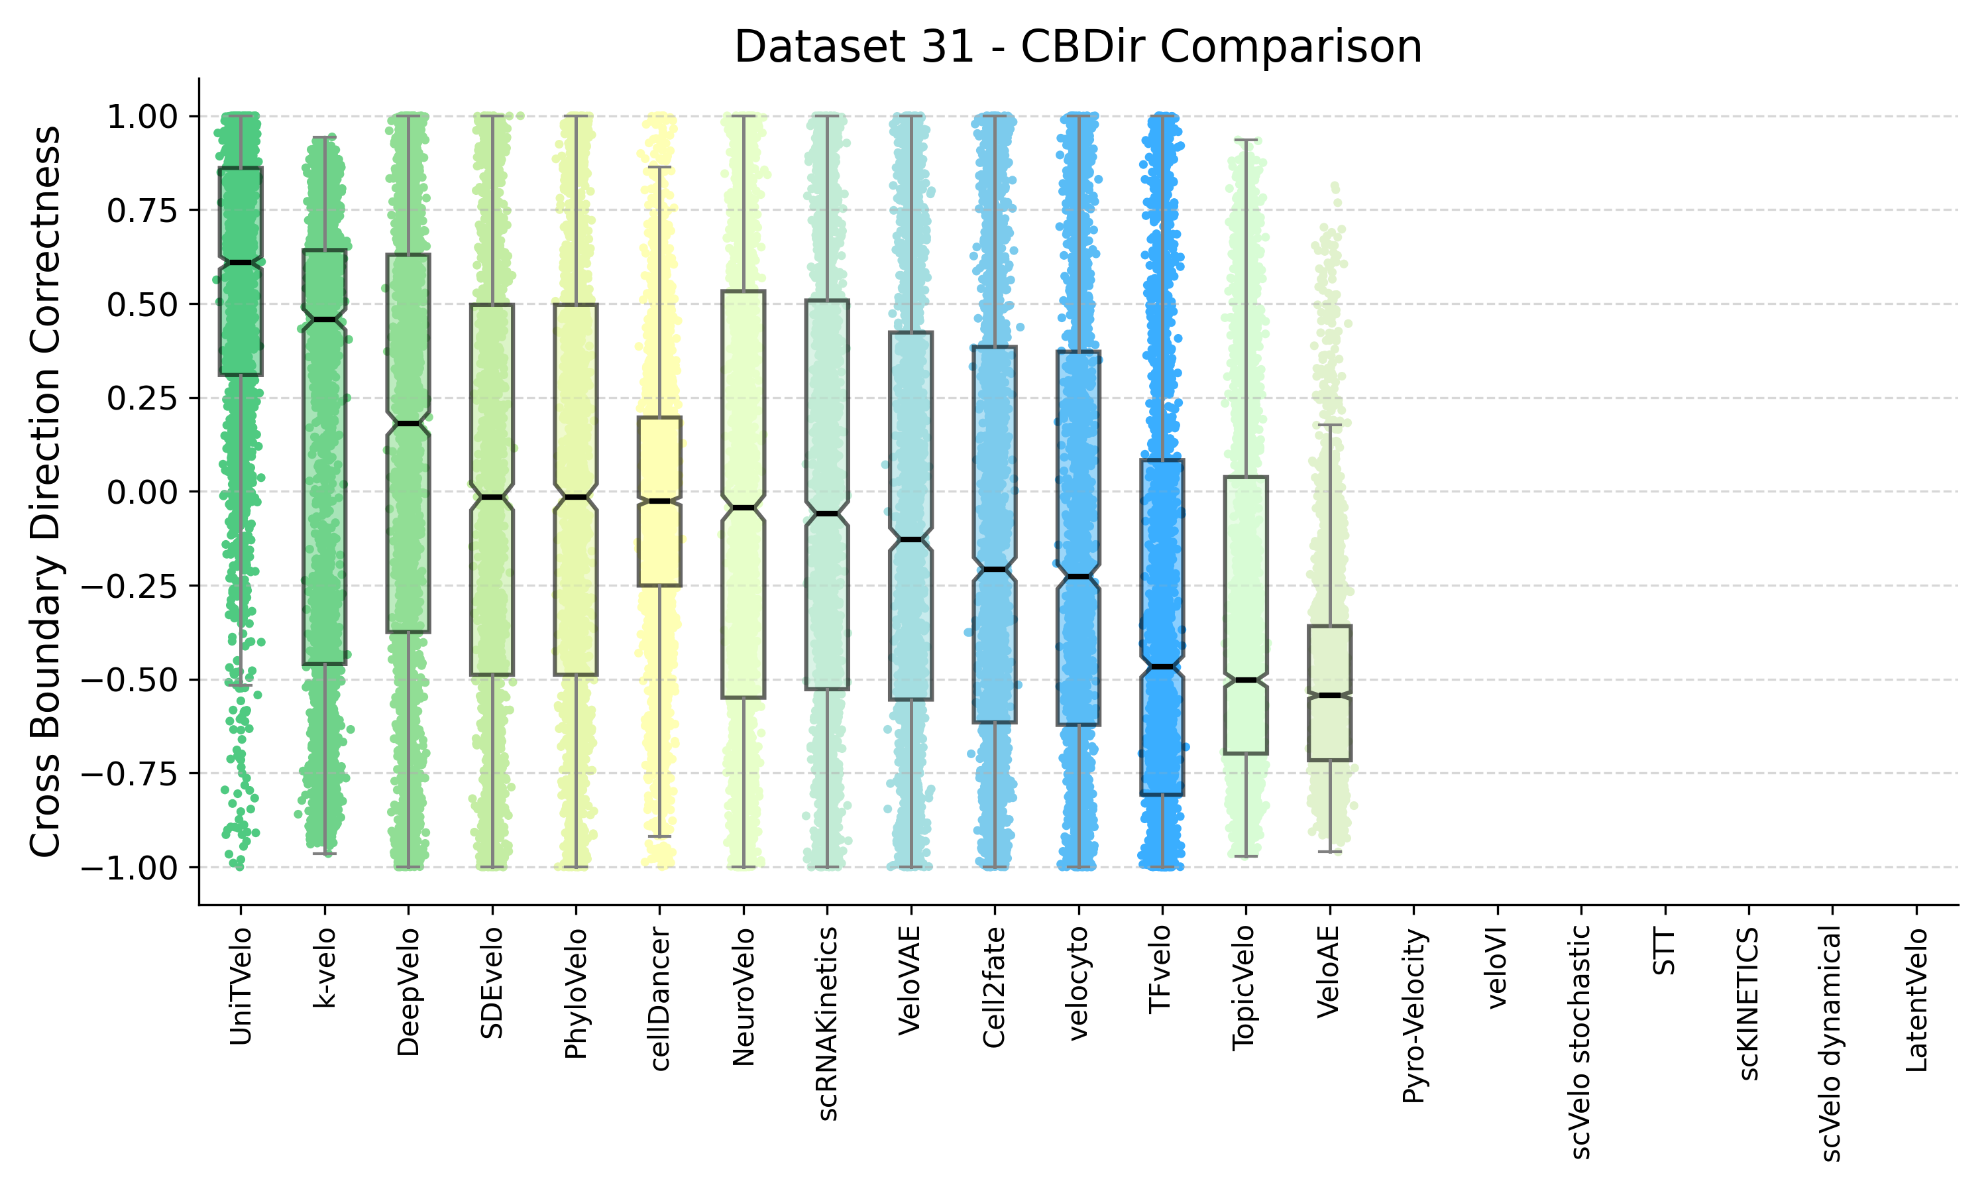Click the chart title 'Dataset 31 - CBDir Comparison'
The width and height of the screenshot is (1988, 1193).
(x=1077, y=46)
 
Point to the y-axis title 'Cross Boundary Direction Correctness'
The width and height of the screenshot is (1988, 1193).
(x=45, y=491)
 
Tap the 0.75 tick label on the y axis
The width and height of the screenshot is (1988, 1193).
(x=142, y=210)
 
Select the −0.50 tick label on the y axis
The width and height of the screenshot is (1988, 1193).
(x=130, y=680)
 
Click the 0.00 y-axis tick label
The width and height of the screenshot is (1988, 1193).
(x=142, y=492)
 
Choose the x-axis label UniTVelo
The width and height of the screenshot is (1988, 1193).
(x=241, y=986)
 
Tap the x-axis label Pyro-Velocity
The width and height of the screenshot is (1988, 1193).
(x=1413, y=1015)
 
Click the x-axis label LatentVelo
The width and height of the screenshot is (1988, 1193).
(x=1916, y=1000)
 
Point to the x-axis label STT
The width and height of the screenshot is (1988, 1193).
(x=1665, y=951)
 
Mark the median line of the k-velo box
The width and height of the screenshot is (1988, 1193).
(x=325, y=320)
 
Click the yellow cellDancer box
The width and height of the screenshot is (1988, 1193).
(x=660, y=502)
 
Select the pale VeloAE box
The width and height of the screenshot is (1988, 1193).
(x=1330, y=693)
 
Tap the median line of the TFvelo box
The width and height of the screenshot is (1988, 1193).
(x=1162, y=667)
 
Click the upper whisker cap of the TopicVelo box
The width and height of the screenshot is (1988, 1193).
(x=1246, y=140)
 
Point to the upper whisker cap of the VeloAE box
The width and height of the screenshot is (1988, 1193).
(x=1330, y=424)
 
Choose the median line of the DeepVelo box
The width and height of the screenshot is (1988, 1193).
(x=408, y=424)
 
